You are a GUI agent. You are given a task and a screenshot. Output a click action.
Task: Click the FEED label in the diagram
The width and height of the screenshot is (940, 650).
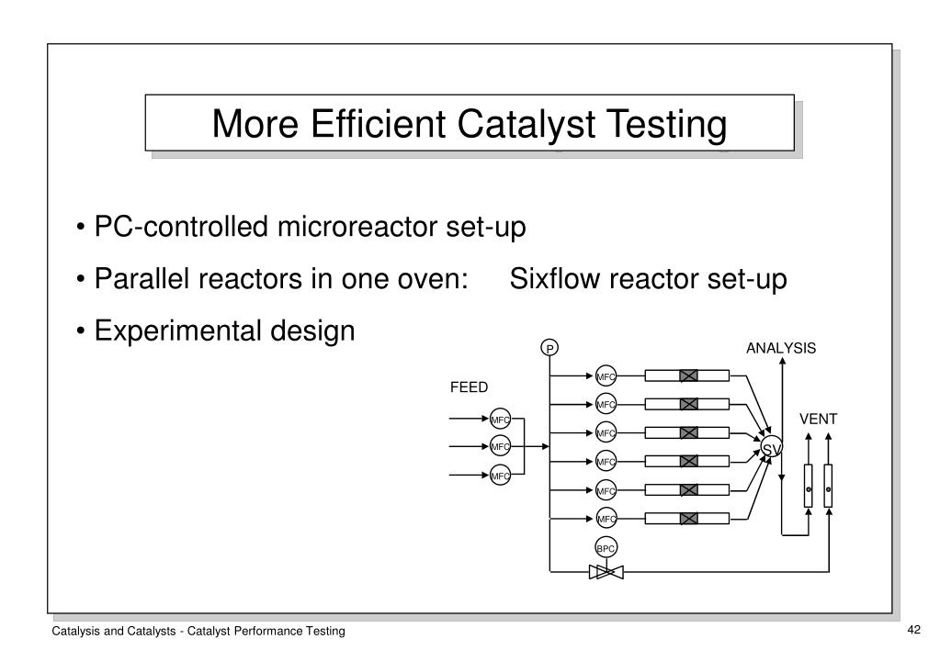[469, 387]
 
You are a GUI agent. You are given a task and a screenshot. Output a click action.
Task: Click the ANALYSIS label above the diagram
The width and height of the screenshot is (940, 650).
[780, 348]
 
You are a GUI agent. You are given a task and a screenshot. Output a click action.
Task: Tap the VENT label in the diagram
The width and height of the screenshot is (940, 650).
[818, 419]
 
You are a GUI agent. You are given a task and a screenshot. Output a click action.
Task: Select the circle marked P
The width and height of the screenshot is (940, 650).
[549, 348]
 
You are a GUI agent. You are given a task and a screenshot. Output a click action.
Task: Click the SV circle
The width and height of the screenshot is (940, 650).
[770, 447]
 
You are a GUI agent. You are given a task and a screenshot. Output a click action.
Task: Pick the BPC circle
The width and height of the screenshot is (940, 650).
[606, 548]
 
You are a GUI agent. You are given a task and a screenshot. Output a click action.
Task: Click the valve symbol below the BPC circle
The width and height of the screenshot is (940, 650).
[606, 572]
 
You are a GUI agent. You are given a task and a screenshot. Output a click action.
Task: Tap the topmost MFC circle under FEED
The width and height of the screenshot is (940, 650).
[500, 419]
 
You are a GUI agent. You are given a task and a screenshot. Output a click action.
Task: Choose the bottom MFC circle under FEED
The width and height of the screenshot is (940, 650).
[500, 476]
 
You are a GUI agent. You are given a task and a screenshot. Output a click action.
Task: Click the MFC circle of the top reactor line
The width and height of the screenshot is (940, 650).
[606, 375]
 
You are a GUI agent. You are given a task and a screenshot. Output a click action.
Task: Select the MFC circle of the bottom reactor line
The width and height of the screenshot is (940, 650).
[606, 519]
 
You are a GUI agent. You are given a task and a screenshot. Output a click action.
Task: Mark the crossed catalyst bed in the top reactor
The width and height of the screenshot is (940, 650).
[688, 375]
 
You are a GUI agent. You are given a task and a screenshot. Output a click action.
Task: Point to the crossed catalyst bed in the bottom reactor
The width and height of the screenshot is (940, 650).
[688, 519]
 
